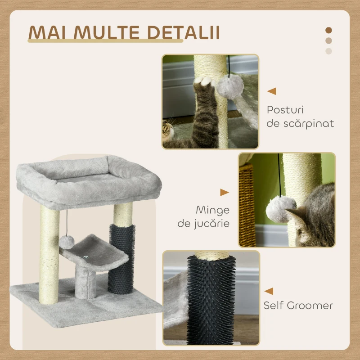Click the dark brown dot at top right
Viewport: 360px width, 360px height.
coord(328,30)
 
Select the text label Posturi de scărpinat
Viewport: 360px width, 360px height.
coord(300,117)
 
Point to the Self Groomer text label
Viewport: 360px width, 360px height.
coord(298,306)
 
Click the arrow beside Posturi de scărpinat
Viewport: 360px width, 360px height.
coord(271,91)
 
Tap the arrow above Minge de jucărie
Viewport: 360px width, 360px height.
coord(224,193)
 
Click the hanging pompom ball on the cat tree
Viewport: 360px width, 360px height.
coord(66,242)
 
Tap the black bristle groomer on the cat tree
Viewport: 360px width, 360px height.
coord(121,259)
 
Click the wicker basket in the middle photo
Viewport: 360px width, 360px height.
coord(247,205)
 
